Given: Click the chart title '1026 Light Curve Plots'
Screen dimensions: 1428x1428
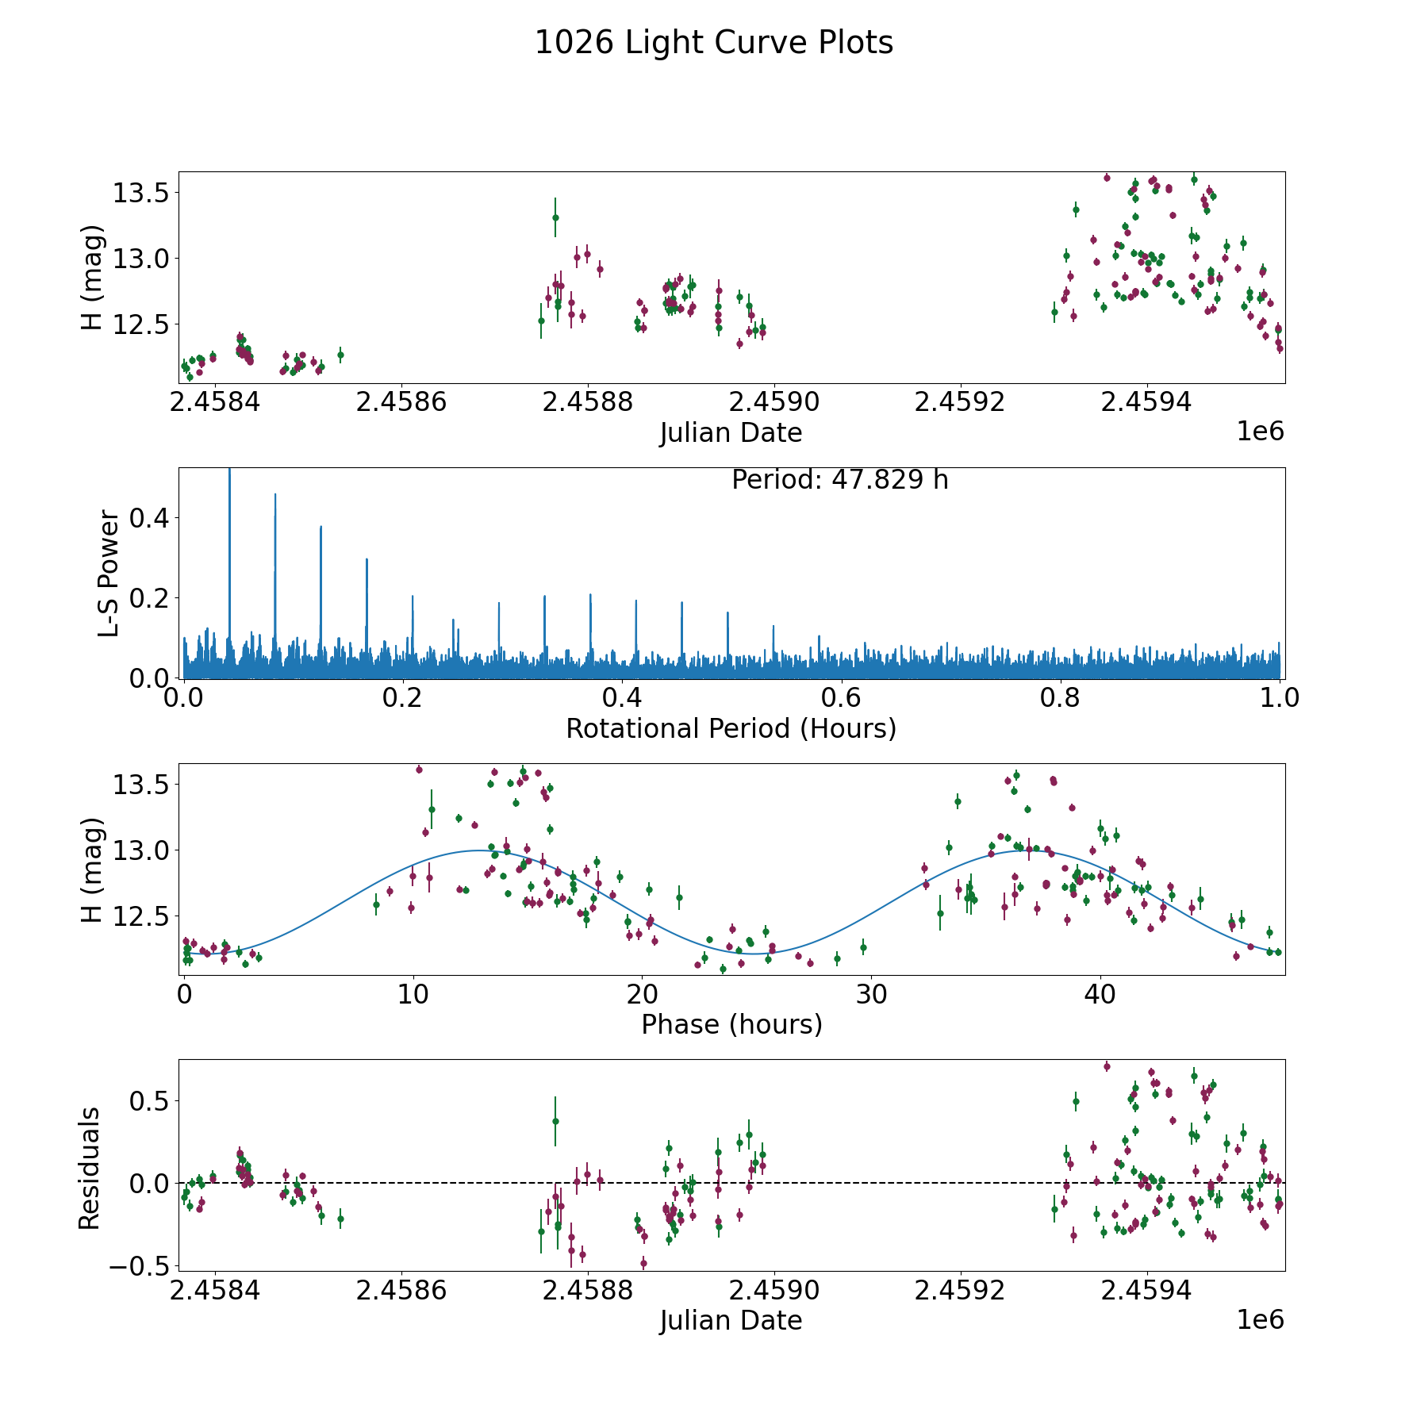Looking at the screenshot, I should tap(714, 43).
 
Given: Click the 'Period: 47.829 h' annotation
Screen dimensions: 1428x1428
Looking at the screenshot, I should tap(839, 480).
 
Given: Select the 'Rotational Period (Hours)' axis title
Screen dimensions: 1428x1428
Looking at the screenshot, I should tap(731, 728).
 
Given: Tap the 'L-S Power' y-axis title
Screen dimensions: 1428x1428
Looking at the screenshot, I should tap(109, 573).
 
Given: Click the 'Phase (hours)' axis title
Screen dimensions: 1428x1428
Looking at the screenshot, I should tap(731, 1024).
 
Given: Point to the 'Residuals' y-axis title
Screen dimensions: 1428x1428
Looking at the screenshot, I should tap(90, 1168).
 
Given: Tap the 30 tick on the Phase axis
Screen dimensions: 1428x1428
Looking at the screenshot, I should tap(871, 994).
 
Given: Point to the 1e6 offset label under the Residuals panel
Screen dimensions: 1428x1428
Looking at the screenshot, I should tap(1260, 1319).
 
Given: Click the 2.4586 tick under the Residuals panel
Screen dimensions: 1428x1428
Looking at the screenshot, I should tap(401, 1291).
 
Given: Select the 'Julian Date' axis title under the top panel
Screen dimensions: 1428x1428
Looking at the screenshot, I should tap(731, 433).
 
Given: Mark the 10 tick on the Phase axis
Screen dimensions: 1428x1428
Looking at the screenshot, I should tap(413, 994).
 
